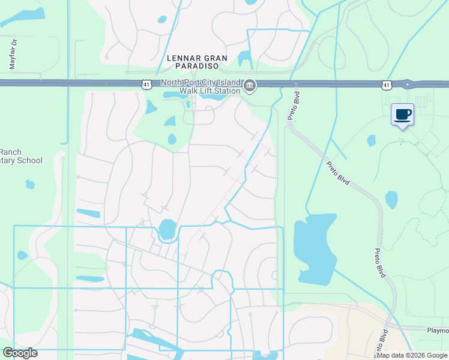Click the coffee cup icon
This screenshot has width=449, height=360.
coord(402,114)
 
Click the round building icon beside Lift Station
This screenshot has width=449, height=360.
coord(250,88)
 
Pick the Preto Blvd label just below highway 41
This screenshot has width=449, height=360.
coord(294,106)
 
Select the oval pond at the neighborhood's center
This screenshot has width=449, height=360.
coord(167,229)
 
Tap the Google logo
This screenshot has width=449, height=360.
coord(20,353)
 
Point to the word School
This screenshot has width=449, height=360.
coord(30,160)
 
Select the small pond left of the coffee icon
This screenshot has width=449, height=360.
coord(371,140)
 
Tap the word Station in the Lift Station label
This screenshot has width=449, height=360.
coord(214,91)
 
